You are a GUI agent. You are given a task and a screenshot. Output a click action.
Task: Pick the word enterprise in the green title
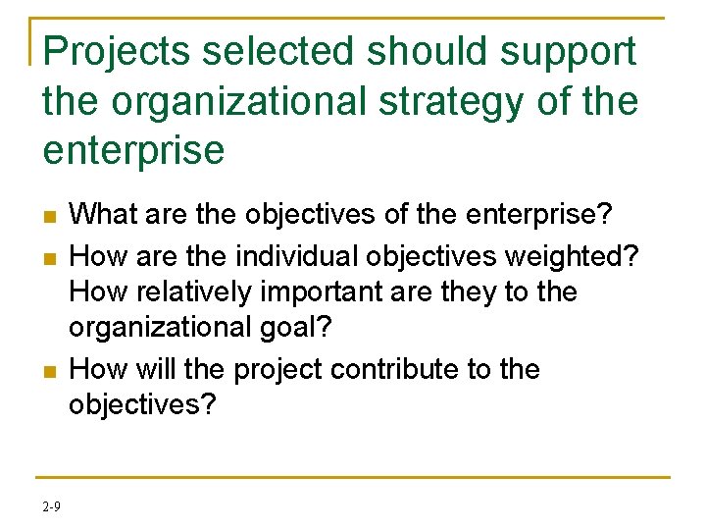coord(133,151)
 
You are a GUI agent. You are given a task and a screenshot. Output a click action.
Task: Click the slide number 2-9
coord(52,506)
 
